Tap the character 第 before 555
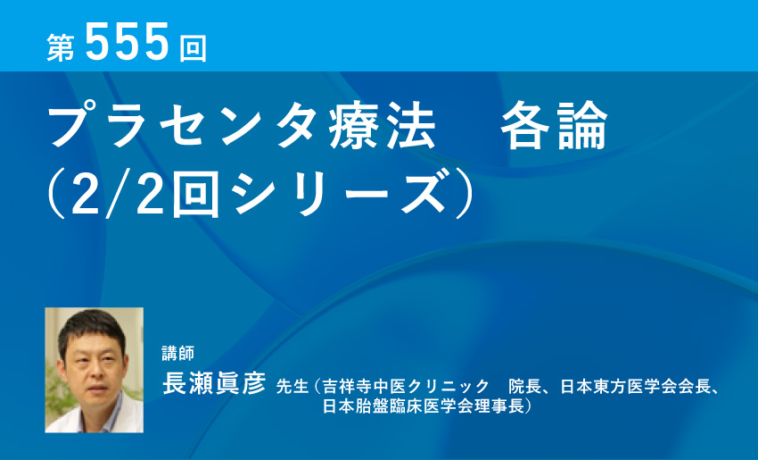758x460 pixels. [x=62, y=48]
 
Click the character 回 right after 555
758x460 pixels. [x=192, y=48]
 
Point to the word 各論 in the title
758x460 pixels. [x=554, y=128]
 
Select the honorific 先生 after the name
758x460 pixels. [x=291, y=388]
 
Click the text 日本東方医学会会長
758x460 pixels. [x=636, y=388]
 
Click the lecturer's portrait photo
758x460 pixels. [x=94, y=370]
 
